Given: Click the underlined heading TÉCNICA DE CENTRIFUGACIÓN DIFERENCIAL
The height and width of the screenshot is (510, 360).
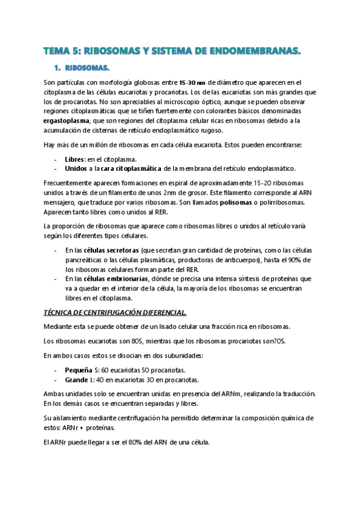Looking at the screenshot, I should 115,313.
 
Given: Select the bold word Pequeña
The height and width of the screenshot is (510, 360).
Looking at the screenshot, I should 79,370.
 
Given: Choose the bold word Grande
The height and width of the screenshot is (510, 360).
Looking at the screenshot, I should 76,379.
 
